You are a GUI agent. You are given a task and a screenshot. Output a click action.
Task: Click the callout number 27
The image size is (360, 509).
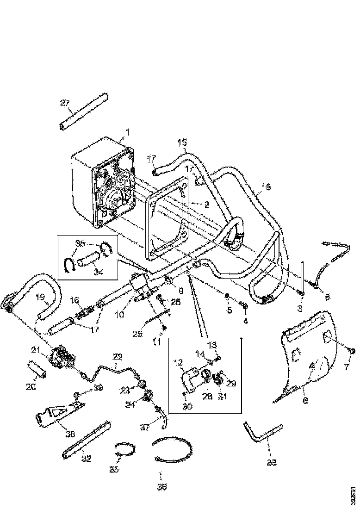click(64, 103)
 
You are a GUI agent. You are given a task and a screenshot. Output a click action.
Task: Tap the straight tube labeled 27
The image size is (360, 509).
click(84, 112)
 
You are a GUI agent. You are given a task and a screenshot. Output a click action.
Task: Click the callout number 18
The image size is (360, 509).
click(266, 186)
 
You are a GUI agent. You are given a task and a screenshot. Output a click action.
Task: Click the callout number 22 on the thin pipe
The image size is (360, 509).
click(118, 356)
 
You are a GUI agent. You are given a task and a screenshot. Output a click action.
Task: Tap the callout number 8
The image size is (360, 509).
click(327, 298)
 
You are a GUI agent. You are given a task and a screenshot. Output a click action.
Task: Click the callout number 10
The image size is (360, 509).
click(120, 315)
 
